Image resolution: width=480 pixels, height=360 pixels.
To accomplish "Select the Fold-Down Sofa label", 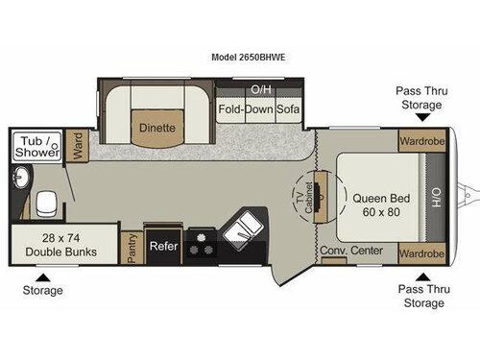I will coord(259,109).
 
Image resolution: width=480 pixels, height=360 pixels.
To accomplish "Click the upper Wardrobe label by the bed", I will coord(421,140).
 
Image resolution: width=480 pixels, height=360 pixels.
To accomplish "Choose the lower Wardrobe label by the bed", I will coord(421,253).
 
